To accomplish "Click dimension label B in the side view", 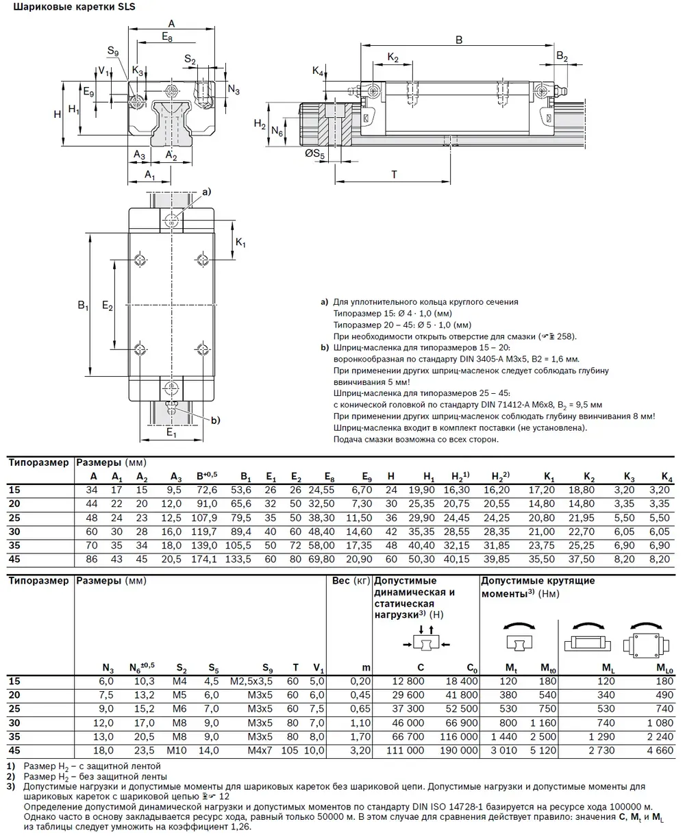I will [459, 40].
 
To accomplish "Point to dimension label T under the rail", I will [394, 174].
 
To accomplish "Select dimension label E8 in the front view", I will [168, 37].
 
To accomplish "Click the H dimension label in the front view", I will [58, 114].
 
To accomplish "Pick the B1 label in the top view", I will [83, 305].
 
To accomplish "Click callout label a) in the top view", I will [205, 192].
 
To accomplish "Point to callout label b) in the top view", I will [215, 420].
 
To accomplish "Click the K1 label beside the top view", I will [240, 243].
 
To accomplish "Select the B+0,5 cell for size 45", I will [205, 559].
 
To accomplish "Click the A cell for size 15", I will [92, 490].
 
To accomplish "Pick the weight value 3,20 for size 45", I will [360, 751].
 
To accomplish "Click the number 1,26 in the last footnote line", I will [240, 827].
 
